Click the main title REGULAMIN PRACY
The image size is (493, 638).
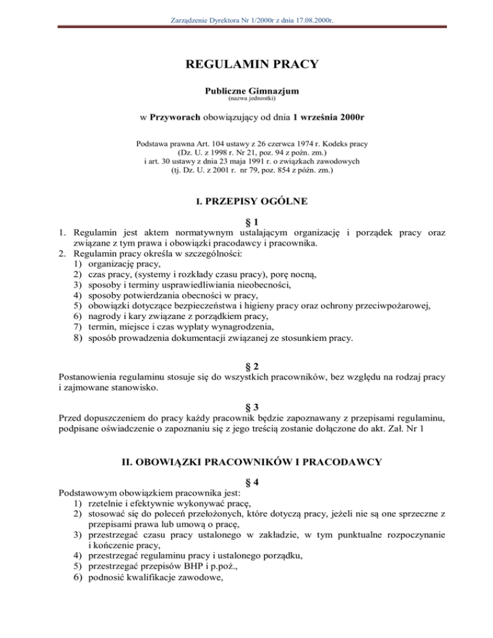(246, 64)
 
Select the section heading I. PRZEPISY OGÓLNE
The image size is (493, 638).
(246, 202)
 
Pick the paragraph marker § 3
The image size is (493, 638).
(246, 407)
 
